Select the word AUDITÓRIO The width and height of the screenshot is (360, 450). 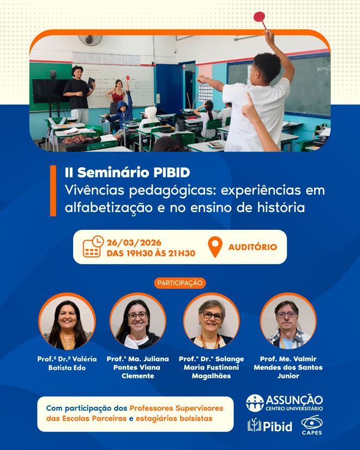[x=253, y=247]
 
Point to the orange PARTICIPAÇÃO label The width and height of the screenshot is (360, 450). [x=179, y=283]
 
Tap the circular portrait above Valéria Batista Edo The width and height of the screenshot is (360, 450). [x=66, y=321]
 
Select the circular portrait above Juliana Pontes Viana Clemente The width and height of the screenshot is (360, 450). [x=137, y=321]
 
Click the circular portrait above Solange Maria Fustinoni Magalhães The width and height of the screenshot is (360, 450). [x=211, y=321]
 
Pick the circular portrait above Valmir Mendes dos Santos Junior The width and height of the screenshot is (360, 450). [x=287, y=321]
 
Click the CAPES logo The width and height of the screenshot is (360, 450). [x=312, y=425]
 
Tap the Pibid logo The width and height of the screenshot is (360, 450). [x=270, y=426]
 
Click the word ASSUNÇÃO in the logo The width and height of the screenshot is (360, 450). [x=294, y=399]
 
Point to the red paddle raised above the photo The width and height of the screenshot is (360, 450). [x=259, y=18]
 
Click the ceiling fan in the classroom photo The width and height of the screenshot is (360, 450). [x=90, y=40]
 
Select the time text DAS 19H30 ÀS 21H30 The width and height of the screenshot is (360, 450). [x=151, y=254]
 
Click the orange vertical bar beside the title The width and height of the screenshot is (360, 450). [x=53, y=190]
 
